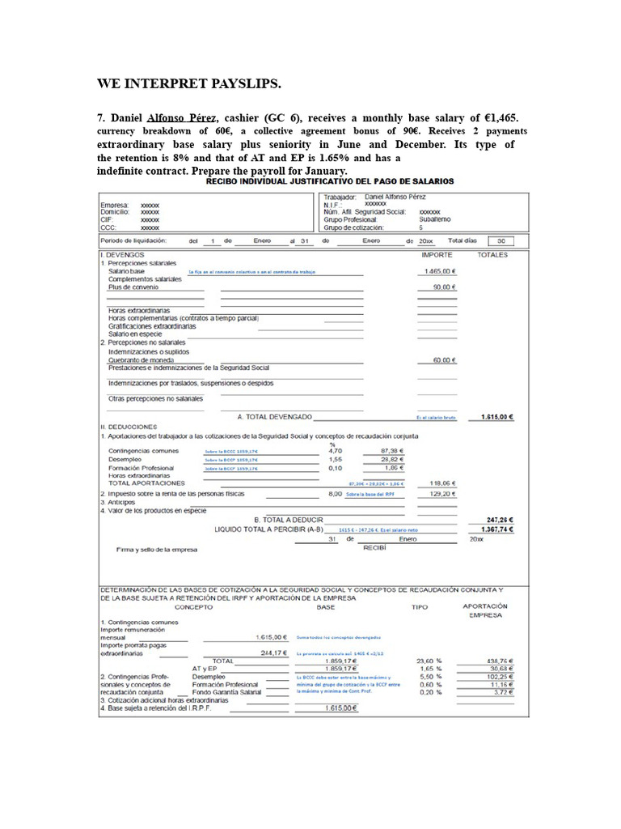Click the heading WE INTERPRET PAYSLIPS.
click(189, 83)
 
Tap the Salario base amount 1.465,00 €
click(437, 273)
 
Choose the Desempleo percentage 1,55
click(337, 458)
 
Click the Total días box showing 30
click(501, 240)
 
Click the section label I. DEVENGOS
click(122, 254)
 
